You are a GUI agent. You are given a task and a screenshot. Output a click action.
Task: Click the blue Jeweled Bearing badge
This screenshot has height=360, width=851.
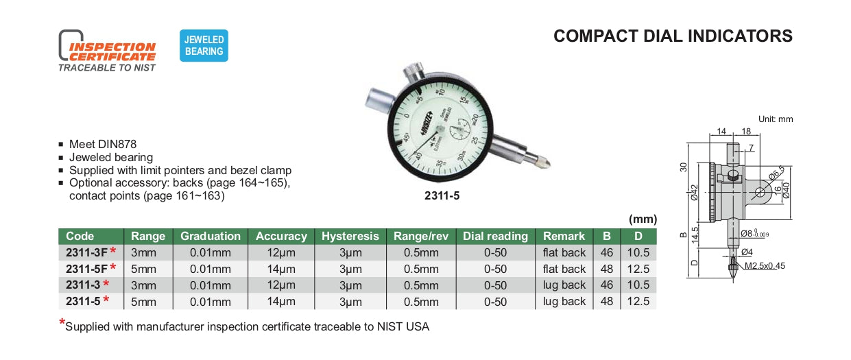click(204, 46)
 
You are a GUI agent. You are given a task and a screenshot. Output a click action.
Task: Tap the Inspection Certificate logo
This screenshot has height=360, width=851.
click(108, 51)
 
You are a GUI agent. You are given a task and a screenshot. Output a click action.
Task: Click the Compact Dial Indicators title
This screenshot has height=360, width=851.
click(673, 36)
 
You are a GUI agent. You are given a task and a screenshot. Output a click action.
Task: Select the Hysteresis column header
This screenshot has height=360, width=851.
click(350, 236)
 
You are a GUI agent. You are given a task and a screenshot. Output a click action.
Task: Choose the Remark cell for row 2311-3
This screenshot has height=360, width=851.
click(564, 285)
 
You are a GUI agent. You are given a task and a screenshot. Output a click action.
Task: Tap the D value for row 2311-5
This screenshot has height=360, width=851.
click(638, 301)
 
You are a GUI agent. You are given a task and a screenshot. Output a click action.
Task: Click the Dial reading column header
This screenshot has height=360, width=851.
click(495, 236)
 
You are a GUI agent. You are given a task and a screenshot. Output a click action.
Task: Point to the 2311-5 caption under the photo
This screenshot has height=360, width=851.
click(442, 195)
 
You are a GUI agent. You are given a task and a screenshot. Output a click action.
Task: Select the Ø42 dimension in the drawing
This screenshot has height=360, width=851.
click(695, 193)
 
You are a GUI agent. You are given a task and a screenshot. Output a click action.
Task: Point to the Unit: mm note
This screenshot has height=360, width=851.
click(775, 119)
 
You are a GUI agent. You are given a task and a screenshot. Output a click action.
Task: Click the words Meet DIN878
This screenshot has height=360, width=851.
click(103, 145)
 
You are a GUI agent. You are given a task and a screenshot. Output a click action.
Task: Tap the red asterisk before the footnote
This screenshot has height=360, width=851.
click(62, 323)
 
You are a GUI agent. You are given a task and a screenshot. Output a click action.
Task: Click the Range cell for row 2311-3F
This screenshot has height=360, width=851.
click(147, 252)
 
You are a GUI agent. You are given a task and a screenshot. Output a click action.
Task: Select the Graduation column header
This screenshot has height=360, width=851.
click(211, 236)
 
